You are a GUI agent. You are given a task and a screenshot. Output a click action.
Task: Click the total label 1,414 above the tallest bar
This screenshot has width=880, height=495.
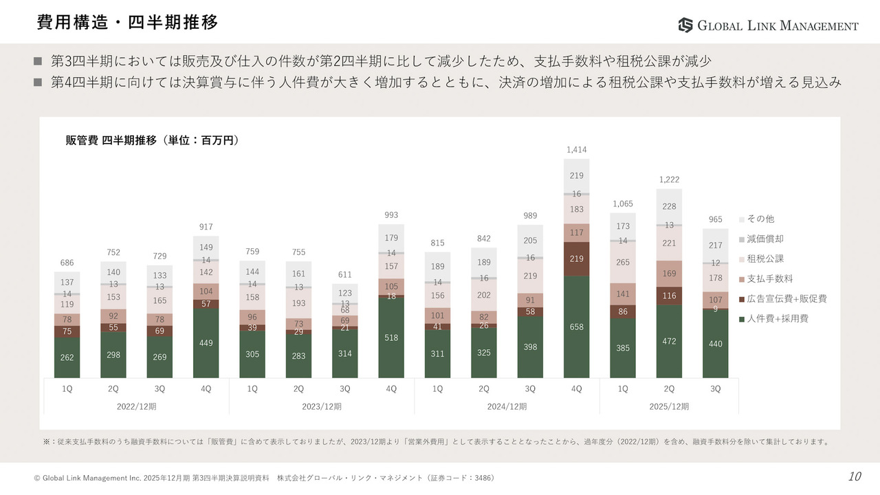point(576,150)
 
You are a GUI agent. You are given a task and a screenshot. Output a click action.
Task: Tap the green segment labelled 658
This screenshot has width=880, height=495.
point(576,327)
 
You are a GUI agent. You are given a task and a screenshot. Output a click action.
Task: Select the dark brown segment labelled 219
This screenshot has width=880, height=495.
point(576,258)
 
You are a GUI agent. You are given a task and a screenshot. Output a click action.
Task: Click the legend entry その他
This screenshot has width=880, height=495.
point(760,219)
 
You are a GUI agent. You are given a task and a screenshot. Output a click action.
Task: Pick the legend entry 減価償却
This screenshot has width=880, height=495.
point(765,239)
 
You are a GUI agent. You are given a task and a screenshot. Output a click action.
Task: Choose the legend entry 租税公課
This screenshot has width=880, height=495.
point(765,258)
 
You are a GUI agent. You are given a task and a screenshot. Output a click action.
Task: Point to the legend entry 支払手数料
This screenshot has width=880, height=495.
point(769,278)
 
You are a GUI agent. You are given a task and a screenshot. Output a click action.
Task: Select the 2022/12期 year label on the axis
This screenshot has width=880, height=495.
point(136,406)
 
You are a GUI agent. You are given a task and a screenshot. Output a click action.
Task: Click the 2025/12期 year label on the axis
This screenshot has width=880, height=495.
point(669,406)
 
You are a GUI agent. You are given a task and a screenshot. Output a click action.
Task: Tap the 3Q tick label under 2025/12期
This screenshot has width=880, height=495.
point(715,388)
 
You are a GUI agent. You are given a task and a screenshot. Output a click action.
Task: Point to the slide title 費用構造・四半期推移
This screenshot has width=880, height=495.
point(128,23)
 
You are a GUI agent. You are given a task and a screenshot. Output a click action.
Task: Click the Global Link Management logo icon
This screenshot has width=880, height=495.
point(685,25)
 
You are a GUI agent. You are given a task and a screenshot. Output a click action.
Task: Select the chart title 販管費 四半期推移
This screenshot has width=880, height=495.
point(151,140)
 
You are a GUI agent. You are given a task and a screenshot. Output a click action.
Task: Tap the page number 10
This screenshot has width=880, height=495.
point(855,477)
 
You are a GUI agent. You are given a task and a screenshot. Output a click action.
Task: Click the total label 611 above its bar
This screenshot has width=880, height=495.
point(345,275)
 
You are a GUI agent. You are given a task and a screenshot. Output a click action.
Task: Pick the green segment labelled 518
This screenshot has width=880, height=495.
point(391,338)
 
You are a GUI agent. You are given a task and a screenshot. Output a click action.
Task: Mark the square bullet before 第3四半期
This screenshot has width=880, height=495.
point(38,61)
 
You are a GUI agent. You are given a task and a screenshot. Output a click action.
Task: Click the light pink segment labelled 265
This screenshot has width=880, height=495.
point(623,262)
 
